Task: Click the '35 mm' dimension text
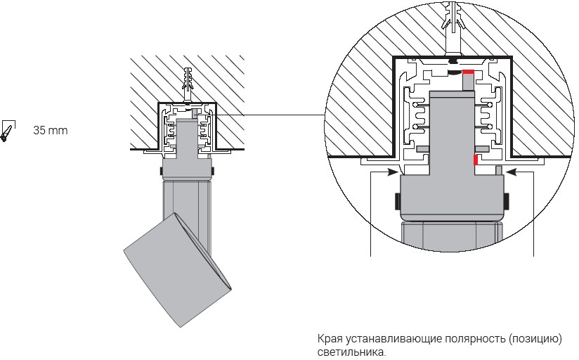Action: tap(50, 130)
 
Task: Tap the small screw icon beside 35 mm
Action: tap(7, 131)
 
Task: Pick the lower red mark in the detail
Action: tap(476, 160)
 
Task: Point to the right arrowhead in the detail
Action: tap(511, 170)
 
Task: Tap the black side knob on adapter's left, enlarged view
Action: tap(397, 202)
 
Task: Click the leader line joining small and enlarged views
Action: tap(281, 115)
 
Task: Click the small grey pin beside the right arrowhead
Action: tap(498, 170)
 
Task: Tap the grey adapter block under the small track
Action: tap(186, 169)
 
